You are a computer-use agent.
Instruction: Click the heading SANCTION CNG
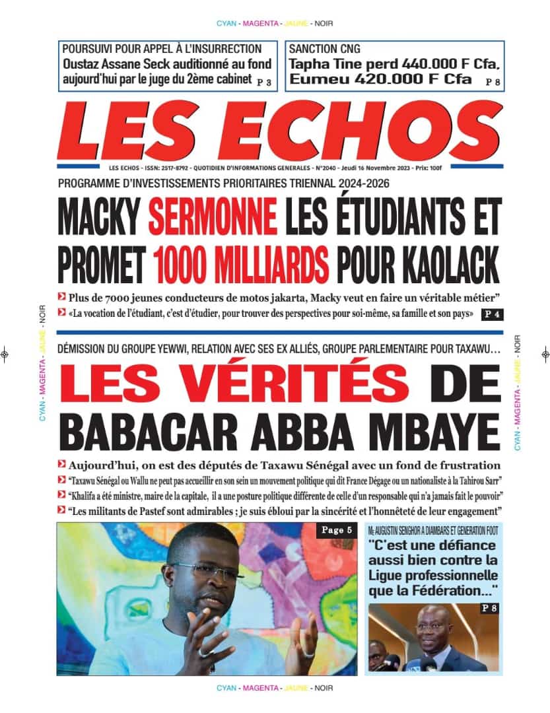coord(324,48)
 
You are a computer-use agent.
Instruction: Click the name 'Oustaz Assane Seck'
coord(110,65)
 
